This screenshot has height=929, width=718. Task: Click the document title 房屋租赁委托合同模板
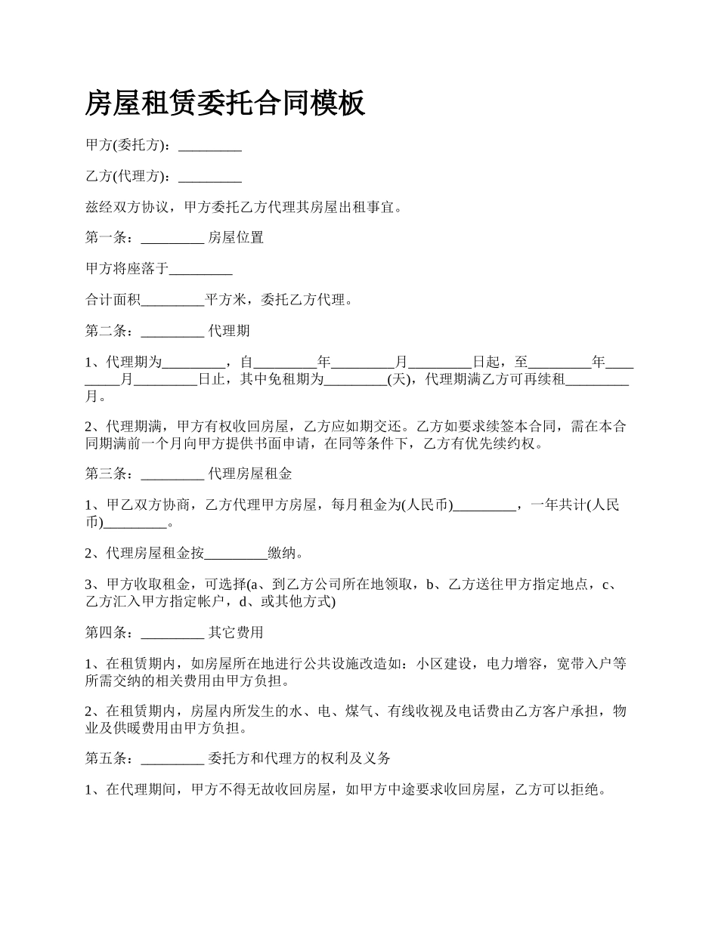pos(225,103)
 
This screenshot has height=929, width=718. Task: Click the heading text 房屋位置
pos(236,238)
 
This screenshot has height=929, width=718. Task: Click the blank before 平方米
pos(173,301)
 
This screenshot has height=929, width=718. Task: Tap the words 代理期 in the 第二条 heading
pos(229,332)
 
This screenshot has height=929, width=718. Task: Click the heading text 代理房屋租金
pos(250,474)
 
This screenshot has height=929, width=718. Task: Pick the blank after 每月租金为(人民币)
pos(484,506)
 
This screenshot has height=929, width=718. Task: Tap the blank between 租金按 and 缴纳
pos(236,554)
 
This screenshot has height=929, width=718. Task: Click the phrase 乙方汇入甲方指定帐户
pos(150,602)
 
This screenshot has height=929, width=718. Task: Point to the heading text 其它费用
pos(236,633)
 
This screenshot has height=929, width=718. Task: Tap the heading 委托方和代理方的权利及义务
pos(299,758)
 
